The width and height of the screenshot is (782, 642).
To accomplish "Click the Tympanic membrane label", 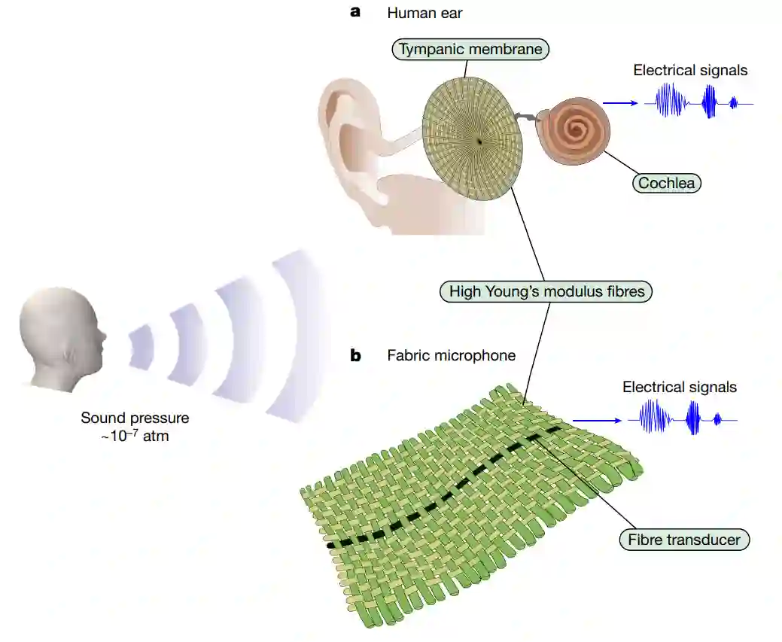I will (471, 50).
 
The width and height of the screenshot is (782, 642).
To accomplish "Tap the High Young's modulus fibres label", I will (546, 291).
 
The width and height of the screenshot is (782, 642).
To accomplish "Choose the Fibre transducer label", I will (684, 539).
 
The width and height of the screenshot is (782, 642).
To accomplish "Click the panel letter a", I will (355, 12).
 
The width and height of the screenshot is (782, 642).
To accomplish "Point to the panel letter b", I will (355, 355).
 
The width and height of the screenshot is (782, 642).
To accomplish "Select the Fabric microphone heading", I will (452, 355).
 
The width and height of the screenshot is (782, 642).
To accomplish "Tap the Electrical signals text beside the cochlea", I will (690, 70).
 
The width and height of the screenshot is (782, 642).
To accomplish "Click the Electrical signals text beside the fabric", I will (680, 388).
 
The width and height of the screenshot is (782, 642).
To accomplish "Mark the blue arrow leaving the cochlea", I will (622, 103).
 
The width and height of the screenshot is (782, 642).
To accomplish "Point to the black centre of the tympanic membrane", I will (479, 141).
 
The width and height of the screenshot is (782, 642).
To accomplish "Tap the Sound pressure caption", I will (135, 426).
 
